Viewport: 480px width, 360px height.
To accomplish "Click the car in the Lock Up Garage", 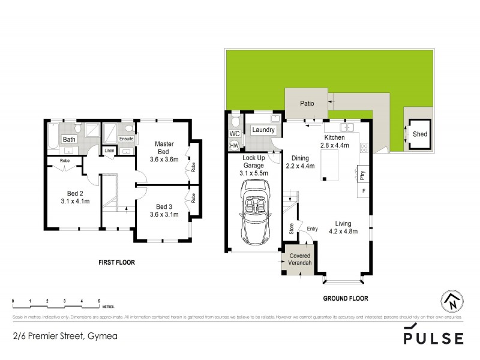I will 253,211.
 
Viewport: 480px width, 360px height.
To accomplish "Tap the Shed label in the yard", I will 420,134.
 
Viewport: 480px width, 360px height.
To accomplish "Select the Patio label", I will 307,103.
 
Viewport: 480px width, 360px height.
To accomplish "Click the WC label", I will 234,133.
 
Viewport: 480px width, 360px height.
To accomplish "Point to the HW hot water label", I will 234,145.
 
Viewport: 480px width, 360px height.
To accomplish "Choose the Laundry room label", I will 264,130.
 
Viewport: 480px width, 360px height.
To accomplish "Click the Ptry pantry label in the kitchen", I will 363,175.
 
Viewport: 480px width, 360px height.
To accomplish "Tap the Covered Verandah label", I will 300,259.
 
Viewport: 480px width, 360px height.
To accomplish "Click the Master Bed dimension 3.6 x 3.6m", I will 164,160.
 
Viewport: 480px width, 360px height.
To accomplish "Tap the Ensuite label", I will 126,139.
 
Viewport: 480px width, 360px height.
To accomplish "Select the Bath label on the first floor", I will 70,139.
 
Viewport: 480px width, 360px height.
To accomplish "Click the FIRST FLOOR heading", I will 116,262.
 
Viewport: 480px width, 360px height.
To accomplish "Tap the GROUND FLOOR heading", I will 345,298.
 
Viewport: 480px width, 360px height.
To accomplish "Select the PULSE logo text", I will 433,337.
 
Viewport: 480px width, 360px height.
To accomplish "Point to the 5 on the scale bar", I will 99,300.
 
